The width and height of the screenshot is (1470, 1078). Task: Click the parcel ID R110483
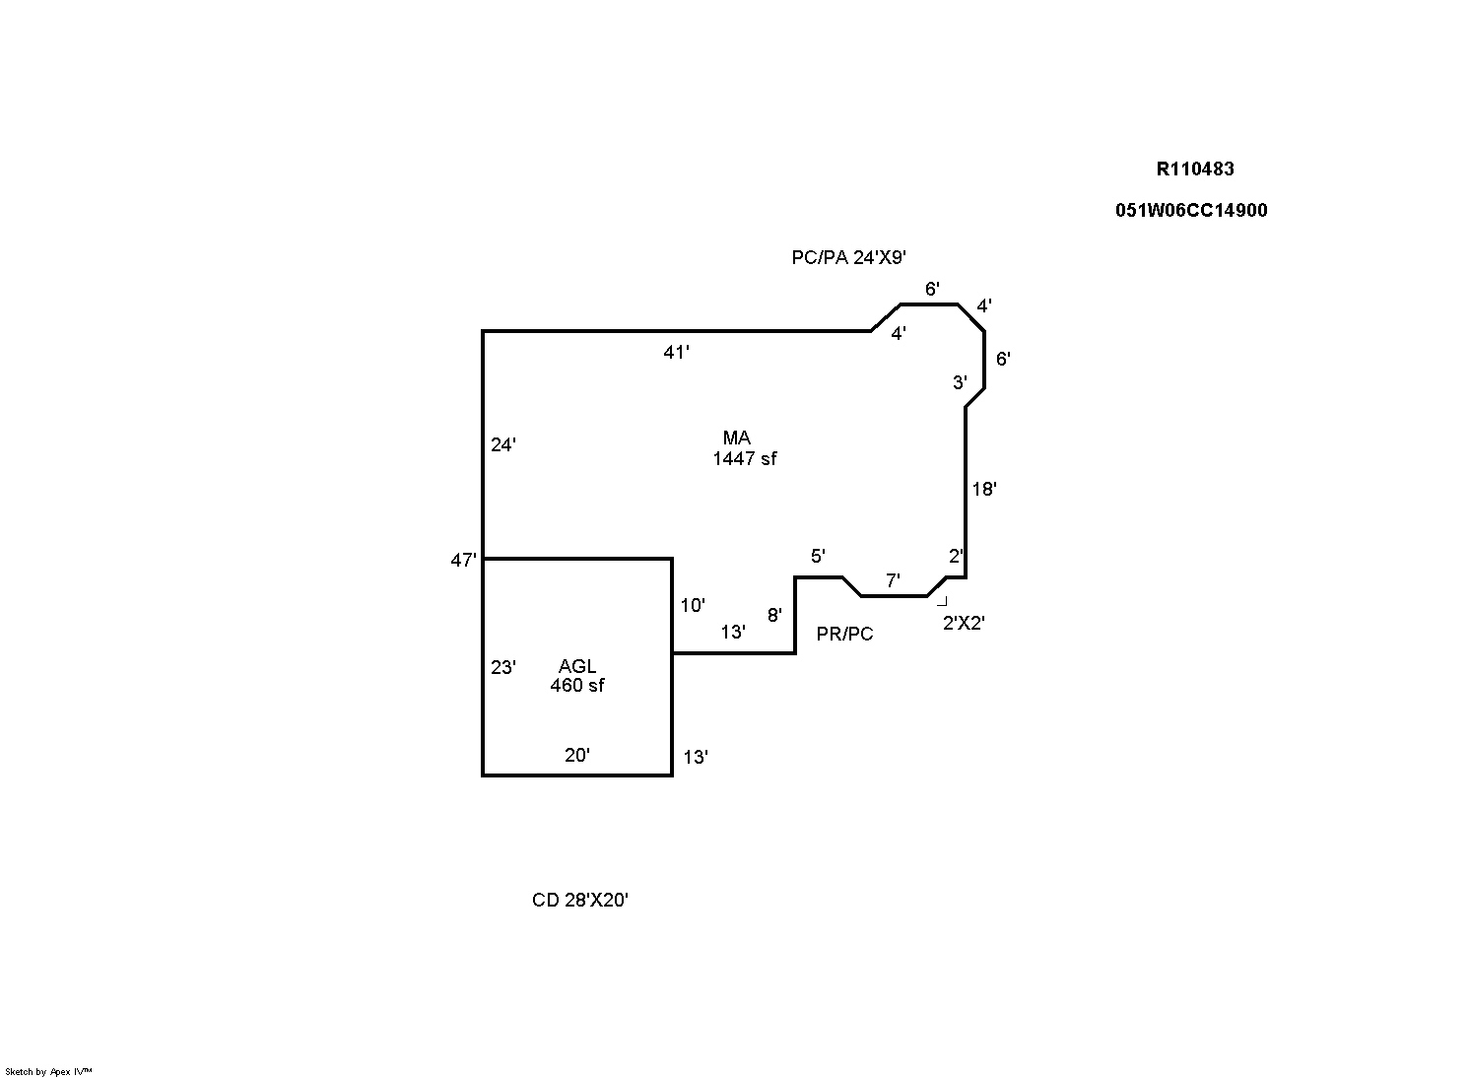[x=1194, y=168]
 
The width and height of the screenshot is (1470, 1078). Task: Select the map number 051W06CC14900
[x=1191, y=210]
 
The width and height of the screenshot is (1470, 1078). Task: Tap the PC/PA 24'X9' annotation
[x=848, y=258]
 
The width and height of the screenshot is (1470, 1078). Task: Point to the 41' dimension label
[x=676, y=352]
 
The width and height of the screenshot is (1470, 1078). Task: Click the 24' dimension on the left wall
[x=503, y=445]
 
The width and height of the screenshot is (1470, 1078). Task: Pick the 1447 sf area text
[x=745, y=458]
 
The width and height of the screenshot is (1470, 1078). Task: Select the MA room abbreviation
[x=736, y=438]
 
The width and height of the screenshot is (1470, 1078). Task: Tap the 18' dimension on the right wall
[x=984, y=489]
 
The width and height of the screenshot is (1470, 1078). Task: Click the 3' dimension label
[x=960, y=383]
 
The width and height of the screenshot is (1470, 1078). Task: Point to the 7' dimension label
[x=893, y=581]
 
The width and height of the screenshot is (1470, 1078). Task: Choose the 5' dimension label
[x=818, y=557]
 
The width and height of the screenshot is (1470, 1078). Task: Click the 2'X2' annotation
[x=964, y=623]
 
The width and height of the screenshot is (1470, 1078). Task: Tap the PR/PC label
[x=844, y=635]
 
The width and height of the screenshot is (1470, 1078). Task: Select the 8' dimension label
[x=774, y=616]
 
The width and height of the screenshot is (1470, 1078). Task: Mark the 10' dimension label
[x=693, y=606]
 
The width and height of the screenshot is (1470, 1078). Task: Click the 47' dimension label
[x=463, y=561]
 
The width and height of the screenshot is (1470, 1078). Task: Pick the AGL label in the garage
[x=577, y=666]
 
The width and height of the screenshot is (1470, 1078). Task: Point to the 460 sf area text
[x=577, y=686]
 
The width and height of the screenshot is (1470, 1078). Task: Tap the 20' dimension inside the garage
[x=577, y=756]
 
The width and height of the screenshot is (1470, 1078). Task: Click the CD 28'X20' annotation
[x=580, y=901]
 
